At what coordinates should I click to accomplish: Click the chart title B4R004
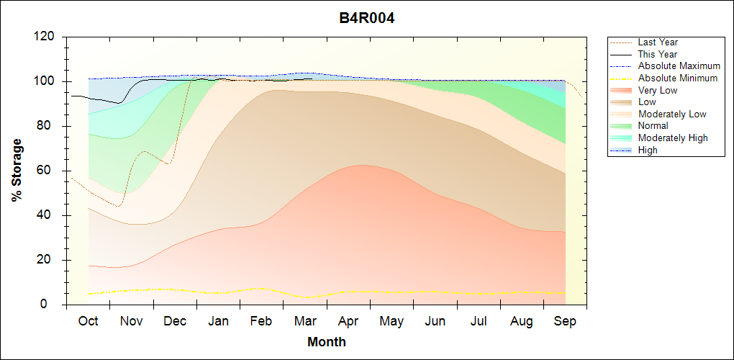point(367,18)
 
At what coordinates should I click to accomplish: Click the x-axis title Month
point(327,342)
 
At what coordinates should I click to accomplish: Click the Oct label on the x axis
point(88,321)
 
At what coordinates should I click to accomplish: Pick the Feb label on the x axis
point(261,321)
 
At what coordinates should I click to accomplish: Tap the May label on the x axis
point(391,321)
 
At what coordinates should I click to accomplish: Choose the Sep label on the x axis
point(565,321)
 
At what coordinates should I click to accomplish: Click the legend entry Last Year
point(658,42)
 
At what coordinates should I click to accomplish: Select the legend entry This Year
point(658,54)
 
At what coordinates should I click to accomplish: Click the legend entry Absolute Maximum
point(679,66)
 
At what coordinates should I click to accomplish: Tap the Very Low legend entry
point(658,90)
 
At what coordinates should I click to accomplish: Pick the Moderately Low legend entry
point(672,114)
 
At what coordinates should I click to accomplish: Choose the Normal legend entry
point(653,126)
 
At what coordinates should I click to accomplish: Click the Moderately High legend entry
point(673,138)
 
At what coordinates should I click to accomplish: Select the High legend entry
point(648,150)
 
